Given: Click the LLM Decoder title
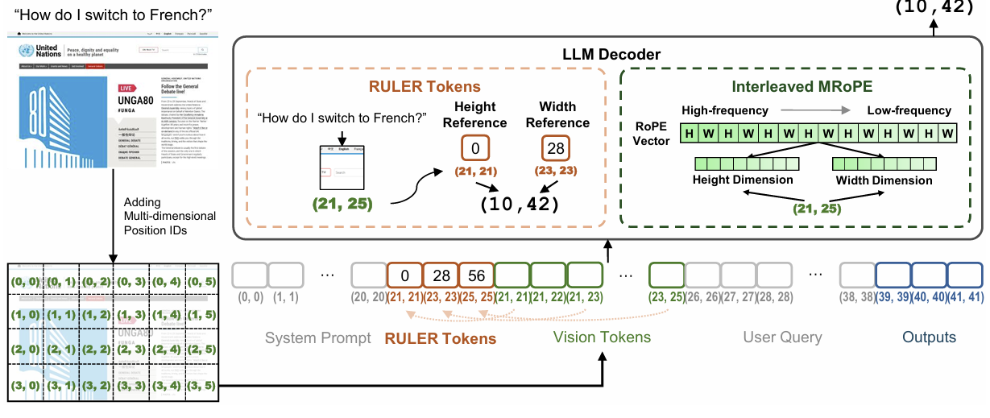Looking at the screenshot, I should [x=611, y=55].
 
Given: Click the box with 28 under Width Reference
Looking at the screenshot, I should [x=554, y=147].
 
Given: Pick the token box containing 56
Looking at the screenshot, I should [x=477, y=275].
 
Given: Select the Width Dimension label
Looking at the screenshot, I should [x=884, y=180].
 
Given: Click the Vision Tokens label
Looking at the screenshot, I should [x=603, y=337].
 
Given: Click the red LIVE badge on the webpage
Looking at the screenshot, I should [x=125, y=88].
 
